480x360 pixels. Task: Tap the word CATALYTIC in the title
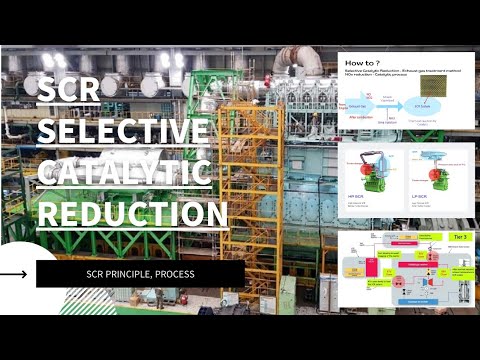124,173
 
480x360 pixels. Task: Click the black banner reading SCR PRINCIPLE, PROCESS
140,274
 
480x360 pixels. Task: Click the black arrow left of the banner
15,273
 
